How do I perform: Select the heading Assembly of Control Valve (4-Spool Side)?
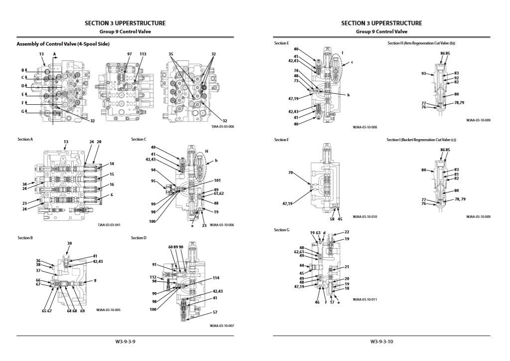63,44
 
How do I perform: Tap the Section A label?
25,140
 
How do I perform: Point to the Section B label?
25,238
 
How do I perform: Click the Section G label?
281,230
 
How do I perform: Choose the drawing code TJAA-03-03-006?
222,127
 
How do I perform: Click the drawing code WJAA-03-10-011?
365,299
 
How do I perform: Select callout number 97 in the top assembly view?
129,54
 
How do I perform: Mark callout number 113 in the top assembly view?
143,54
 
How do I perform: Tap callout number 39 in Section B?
70,243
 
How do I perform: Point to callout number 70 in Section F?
290,173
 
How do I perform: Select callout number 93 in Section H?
423,74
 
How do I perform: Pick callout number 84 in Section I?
423,170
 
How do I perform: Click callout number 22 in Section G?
347,232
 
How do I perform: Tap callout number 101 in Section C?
217,180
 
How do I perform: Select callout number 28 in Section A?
99,142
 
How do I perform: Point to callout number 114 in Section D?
216,278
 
